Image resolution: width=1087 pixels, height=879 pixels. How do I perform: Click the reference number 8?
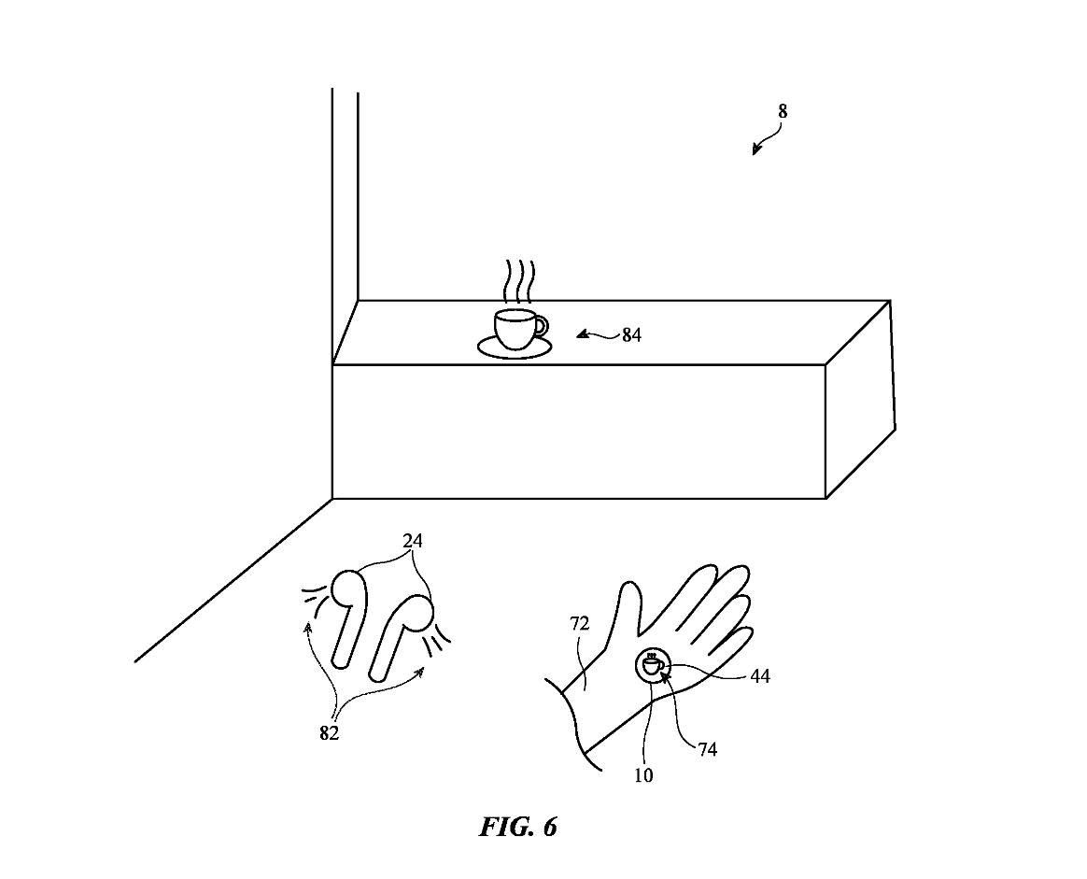783,112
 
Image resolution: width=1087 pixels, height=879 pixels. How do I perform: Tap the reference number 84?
632,335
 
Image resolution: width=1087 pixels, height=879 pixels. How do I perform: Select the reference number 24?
413,541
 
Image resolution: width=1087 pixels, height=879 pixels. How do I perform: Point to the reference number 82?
329,733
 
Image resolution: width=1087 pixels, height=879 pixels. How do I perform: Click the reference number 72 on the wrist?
580,624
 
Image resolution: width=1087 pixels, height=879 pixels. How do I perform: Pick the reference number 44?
760,675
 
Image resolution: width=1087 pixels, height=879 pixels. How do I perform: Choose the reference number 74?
708,748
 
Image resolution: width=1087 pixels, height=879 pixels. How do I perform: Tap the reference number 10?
643,775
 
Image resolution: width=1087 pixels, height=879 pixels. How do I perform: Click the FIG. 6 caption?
518,827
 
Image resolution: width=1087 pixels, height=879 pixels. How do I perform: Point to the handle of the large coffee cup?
540,326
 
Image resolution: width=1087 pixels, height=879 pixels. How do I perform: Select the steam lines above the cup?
516,279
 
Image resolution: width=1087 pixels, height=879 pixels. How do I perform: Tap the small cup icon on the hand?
653,665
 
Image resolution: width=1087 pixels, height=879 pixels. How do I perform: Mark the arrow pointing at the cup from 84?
593,333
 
